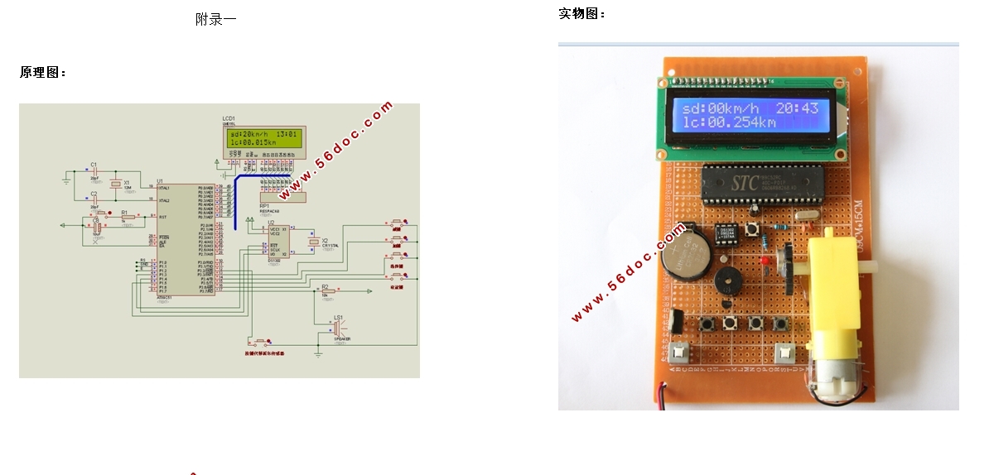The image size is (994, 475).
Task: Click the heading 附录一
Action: click(215, 19)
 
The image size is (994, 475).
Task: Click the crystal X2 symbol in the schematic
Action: click(314, 242)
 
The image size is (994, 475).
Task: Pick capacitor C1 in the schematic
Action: click(94, 174)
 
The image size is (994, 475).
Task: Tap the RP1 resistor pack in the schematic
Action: click(279, 197)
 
